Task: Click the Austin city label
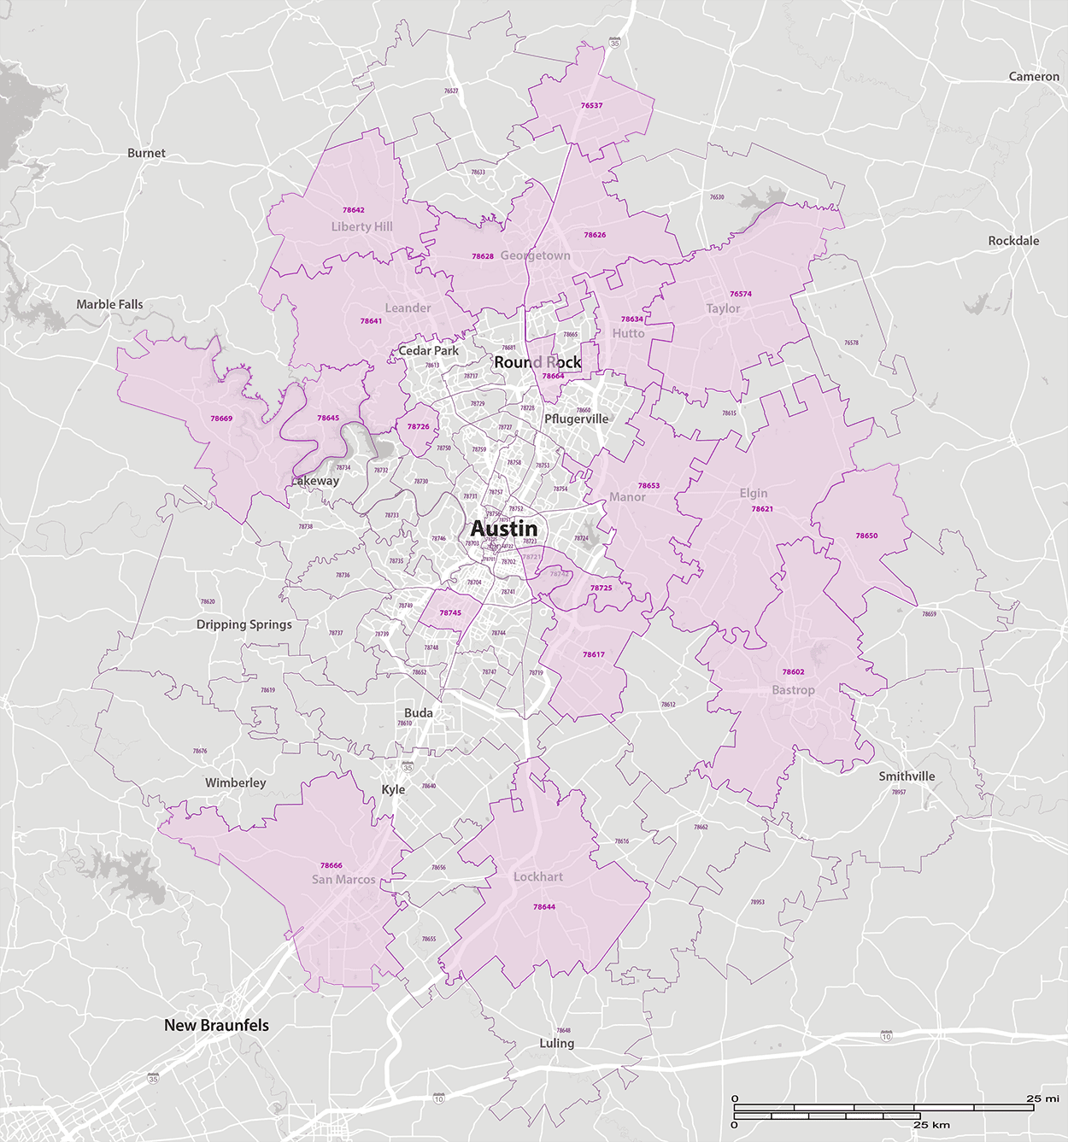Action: (x=504, y=529)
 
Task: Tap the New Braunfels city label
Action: (x=216, y=1025)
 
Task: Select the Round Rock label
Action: (x=537, y=362)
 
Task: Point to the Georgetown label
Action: (x=535, y=255)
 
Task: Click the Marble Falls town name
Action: (x=109, y=304)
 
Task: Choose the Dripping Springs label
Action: (x=244, y=624)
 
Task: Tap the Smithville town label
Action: (x=907, y=776)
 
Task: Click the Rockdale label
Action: (x=1013, y=241)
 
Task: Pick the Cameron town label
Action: (x=1034, y=77)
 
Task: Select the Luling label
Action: (x=557, y=1043)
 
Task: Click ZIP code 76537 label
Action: (x=591, y=106)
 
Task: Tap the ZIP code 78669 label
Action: (x=221, y=419)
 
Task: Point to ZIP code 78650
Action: (x=866, y=536)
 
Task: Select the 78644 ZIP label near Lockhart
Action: (x=544, y=907)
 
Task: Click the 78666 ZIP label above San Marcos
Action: (x=332, y=865)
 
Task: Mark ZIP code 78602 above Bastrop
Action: (x=793, y=672)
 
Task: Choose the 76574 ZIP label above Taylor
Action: (x=741, y=294)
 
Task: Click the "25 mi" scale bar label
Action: (x=1042, y=1098)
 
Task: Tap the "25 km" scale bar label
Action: (x=931, y=1125)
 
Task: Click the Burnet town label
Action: (x=146, y=154)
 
